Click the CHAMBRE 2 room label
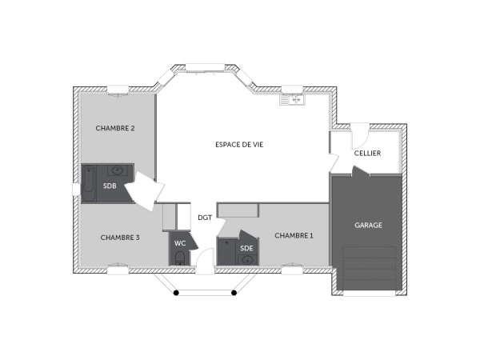[x=115, y=128]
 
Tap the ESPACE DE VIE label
[x=239, y=145]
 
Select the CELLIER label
[x=368, y=153]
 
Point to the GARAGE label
[x=368, y=226]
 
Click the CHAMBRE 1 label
[x=294, y=236]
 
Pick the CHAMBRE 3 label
[x=120, y=238]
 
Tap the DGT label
[x=205, y=217]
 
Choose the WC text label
[x=180, y=243]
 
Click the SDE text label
[x=246, y=248]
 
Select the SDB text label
[x=109, y=187]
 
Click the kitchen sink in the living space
[x=290, y=100]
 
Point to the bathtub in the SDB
[x=89, y=185]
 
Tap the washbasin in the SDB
[x=118, y=170]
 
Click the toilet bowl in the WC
[x=179, y=258]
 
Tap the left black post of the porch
[x=176, y=293]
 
